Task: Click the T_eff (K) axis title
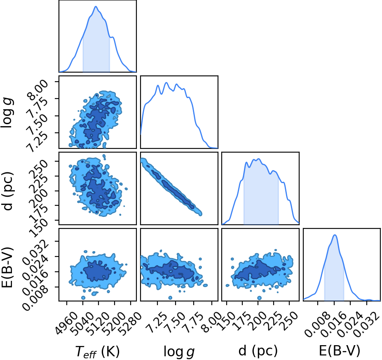point(97,352)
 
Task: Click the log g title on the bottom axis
point(179,352)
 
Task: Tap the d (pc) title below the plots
point(258,351)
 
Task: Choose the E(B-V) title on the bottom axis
point(340,351)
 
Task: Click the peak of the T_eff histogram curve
point(96,6)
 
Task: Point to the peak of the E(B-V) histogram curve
point(335,235)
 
